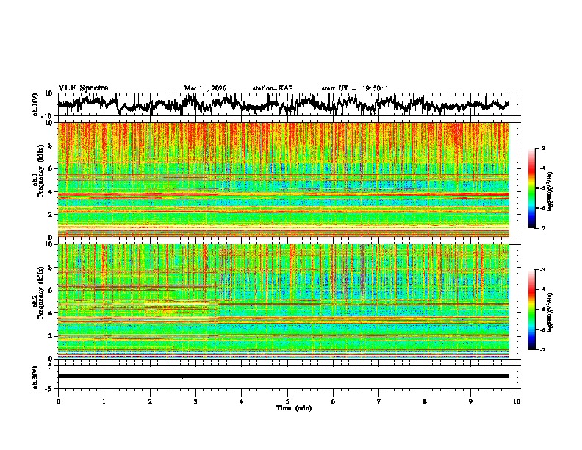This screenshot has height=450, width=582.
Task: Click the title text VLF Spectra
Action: tap(83, 87)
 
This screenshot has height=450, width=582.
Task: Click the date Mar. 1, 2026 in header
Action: tap(205, 88)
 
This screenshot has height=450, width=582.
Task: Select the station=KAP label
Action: tap(273, 88)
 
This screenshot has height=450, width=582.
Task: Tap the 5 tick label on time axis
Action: tap(287, 401)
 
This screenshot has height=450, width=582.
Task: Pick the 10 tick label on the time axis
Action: tap(517, 401)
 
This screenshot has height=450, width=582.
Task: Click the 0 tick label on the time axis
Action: tap(58, 401)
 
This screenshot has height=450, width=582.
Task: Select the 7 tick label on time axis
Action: tap(379, 401)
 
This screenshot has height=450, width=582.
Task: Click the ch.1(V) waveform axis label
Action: tap(36, 104)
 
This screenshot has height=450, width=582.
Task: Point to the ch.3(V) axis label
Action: tap(36, 375)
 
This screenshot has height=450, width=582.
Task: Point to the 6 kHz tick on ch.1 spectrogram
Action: tap(51, 168)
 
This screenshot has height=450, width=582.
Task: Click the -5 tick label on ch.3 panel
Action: tap(49, 387)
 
